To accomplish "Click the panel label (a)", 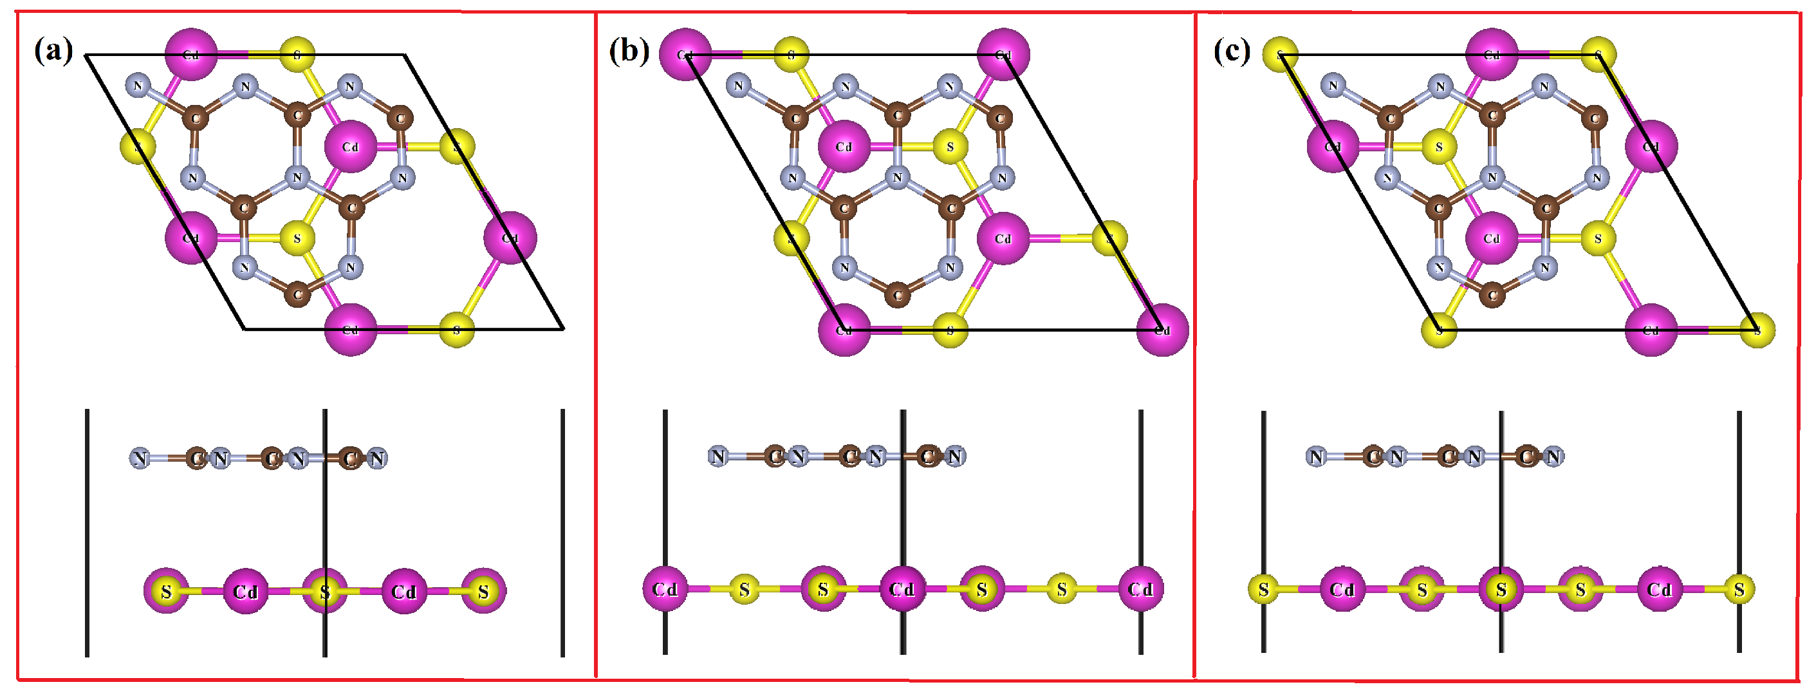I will click(x=53, y=51).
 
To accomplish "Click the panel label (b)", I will click(x=629, y=51).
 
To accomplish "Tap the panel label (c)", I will click(x=1232, y=51).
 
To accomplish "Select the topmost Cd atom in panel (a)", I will click(x=191, y=54).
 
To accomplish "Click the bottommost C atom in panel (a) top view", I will click(x=297, y=295).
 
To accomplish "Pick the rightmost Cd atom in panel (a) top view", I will click(x=510, y=238).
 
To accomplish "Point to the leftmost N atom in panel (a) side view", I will click(x=140, y=459).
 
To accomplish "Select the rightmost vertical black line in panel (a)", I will click(x=562, y=533).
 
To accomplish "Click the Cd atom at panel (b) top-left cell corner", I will click(x=685, y=54).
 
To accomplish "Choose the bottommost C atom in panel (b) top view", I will click(x=898, y=295).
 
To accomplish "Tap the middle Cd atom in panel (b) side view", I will click(x=902, y=589).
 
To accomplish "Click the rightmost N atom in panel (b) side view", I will click(x=954, y=457).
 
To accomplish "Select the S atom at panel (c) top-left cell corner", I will click(x=1280, y=54).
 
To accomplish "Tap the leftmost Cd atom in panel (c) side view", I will click(x=1342, y=589).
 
